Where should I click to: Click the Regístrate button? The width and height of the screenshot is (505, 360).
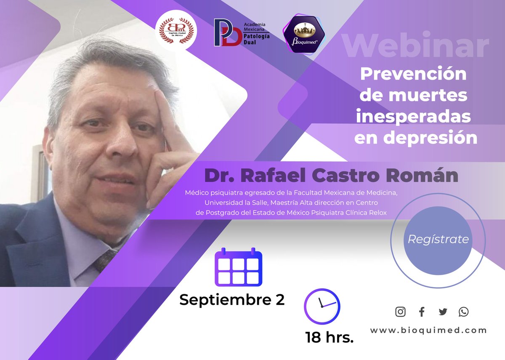pos(438,240)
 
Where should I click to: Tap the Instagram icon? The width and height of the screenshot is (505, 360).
pos(401,312)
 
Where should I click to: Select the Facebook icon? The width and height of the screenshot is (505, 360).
pos(422,312)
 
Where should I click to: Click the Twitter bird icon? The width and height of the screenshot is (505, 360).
pos(443,312)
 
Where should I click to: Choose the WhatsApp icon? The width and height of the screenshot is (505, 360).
pos(463,312)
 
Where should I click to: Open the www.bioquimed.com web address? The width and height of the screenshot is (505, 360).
pos(428,331)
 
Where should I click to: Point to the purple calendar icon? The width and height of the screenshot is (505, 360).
pos(238,267)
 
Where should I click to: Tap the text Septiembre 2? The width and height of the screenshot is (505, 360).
pos(232,300)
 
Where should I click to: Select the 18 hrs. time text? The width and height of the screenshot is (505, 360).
pos(330,337)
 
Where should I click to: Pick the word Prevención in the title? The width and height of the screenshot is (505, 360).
pos(413,74)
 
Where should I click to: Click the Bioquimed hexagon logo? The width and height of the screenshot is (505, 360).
pos(305,35)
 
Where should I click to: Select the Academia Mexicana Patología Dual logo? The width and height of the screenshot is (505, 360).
pos(241,32)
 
